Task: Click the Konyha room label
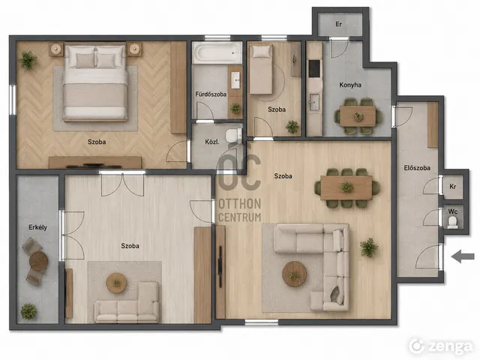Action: tap(350, 85)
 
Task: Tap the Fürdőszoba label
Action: tap(211, 94)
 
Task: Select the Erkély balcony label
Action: tap(38, 227)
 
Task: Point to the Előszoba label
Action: tap(417, 168)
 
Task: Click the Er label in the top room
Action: tap(338, 24)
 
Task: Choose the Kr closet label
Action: tap(453, 187)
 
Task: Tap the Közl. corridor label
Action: tap(212, 142)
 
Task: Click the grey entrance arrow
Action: tap(463, 256)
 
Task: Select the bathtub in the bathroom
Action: tap(217, 52)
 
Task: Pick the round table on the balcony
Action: tap(38, 261)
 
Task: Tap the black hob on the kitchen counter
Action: tap(314, 68)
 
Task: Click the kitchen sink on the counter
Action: tap(314, 102)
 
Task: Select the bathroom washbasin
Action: tap(235, 80)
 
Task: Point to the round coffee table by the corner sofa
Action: tap(294, 274)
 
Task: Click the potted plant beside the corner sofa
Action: tap(369, 247)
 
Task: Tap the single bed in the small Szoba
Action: tap(261, 69)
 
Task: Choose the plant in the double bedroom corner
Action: tap(28, 60)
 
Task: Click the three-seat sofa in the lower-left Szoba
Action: tap(127, 310)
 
